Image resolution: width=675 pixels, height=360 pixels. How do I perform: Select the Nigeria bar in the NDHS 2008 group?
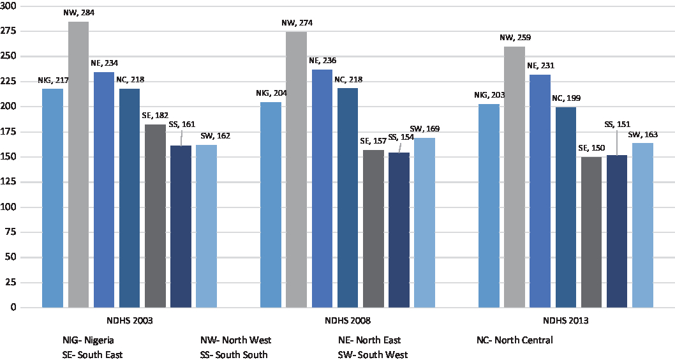pos(271,204)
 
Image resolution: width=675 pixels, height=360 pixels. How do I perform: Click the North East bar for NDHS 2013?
pos(540,191)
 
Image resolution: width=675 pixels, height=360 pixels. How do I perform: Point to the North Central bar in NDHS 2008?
pos(348,198)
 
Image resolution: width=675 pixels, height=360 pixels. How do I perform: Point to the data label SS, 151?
pos(617,124)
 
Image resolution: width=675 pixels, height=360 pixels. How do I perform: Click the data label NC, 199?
pos(566,98)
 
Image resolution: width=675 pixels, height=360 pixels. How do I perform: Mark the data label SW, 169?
pos(424,129)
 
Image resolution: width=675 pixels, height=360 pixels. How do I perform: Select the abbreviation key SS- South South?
pos(234,354)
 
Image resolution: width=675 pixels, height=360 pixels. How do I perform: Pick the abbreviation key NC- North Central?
pos(514,340)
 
